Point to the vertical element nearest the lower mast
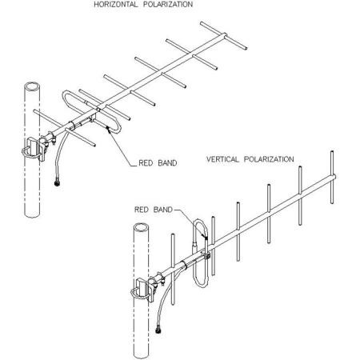tap(174, 256)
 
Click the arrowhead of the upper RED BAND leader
tap(106, 125)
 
